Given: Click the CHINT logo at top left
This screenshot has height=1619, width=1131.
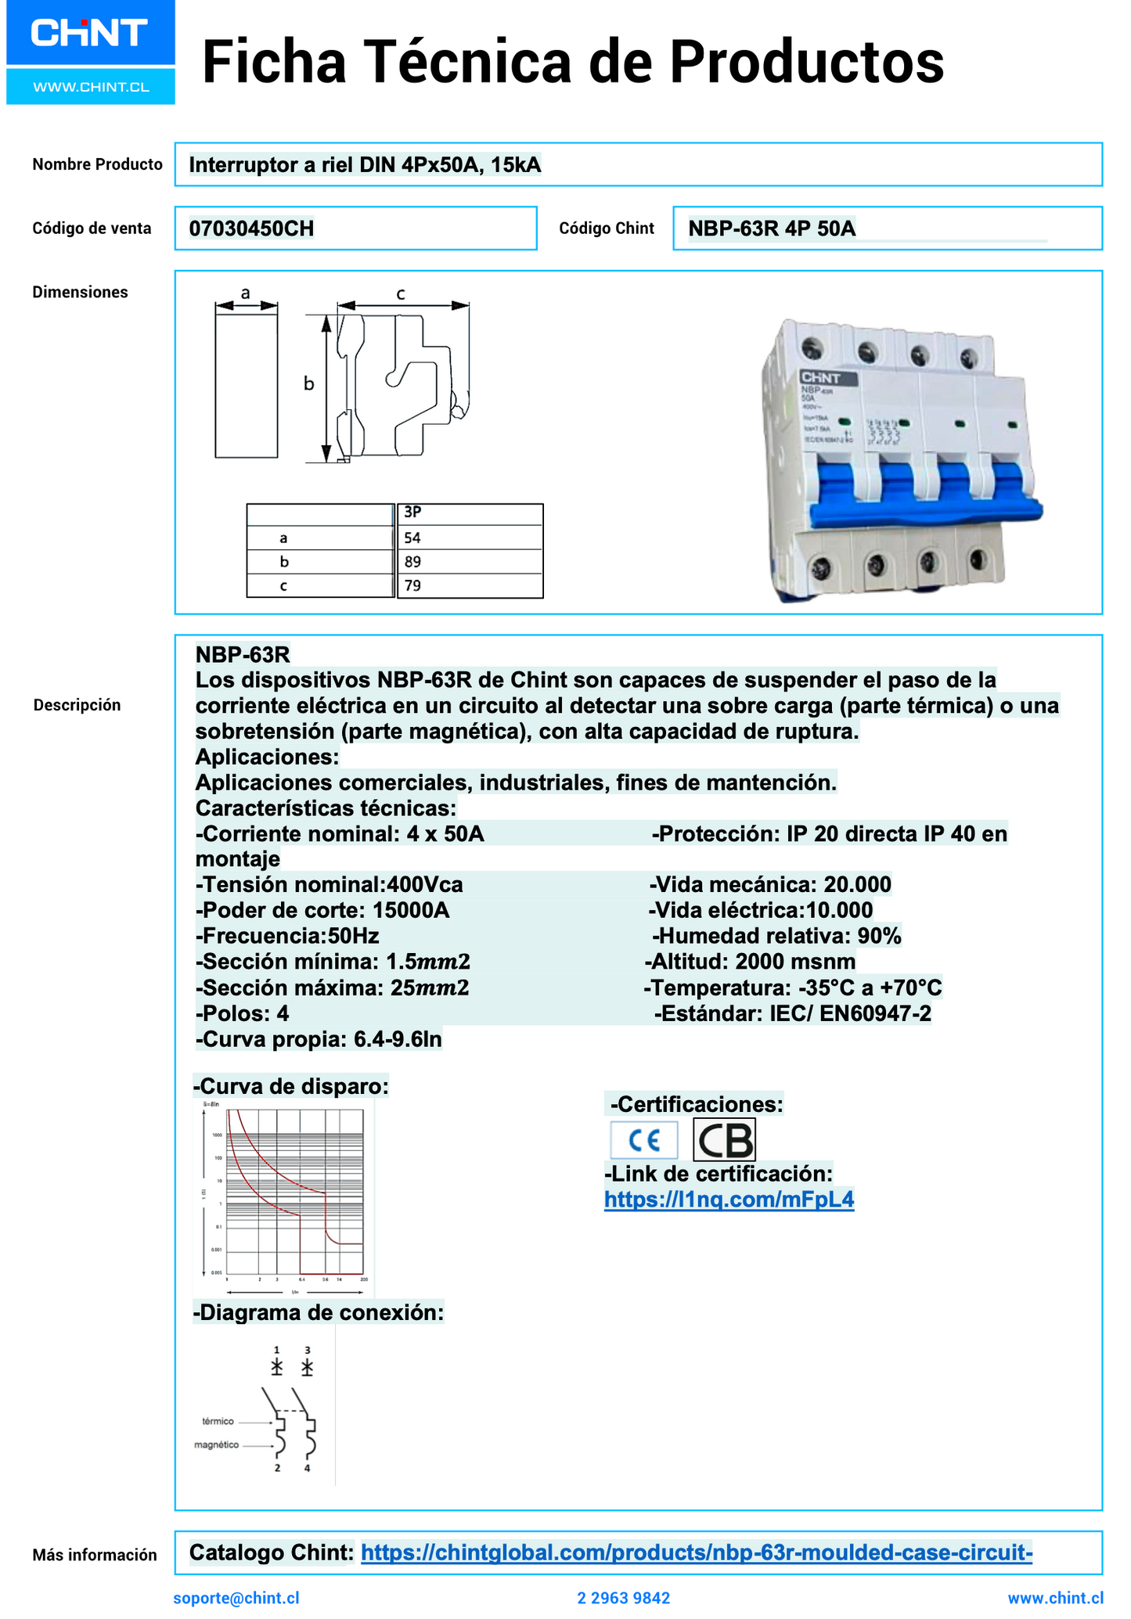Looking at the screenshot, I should click(89, 33).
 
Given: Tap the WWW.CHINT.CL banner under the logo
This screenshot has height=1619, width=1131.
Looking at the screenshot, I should click(91, 87).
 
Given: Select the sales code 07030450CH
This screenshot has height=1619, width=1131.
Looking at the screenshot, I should click(251, 228).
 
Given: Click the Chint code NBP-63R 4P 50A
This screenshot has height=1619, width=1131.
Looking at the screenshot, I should click(772, 228).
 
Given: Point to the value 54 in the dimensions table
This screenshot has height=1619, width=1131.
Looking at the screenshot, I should click(412, 538).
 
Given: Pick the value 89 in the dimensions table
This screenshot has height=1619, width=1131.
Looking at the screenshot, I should click(412, 562).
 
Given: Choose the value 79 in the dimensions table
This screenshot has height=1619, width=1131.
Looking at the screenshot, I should click(412, 585).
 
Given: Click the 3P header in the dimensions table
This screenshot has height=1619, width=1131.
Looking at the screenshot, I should click(412, 513).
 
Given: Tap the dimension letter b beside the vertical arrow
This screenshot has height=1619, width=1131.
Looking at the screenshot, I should click(309, 384).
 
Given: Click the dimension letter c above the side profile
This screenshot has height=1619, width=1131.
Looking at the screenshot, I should click(401, 294).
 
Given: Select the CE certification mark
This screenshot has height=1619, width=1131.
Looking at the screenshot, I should click(644, 1140).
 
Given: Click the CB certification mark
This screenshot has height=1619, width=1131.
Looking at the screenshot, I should click(724, 1140).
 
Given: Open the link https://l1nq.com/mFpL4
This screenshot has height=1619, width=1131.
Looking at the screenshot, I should click(729, 1200).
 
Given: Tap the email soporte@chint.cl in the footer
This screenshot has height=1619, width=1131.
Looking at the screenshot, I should click(236, 1598).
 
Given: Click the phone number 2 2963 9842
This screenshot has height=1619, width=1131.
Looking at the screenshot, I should click(624, 1598).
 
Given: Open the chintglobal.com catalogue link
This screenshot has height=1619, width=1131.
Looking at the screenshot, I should click(697, 1552).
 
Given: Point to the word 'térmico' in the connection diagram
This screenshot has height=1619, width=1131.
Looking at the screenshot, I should click(218, 1421).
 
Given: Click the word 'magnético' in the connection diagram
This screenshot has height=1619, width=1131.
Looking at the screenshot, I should click(217, 1445).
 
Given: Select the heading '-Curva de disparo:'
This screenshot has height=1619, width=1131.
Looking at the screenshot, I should click(291, 1086).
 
